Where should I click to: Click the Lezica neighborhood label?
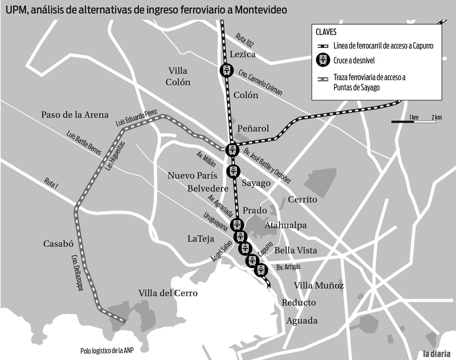(x=242, y=54)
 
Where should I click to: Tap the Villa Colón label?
(x=178, y=76)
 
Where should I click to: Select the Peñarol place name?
(x=253, y=128)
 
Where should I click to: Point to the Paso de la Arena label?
(x=75, y=114)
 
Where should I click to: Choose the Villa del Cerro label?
(x=168, y=293)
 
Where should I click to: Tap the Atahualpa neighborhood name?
(x=286, y=225)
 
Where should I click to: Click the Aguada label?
(x=302, y=321)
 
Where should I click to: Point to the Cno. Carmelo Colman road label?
(x=260, y=82)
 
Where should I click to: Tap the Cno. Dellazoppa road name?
(x=76, y=272)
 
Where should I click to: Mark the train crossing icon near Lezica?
(x=226, y=70)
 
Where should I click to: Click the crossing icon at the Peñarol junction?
(x=232, y=149)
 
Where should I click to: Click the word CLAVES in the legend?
(x=326, y=32)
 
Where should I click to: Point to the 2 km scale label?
(x=436, y=117)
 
